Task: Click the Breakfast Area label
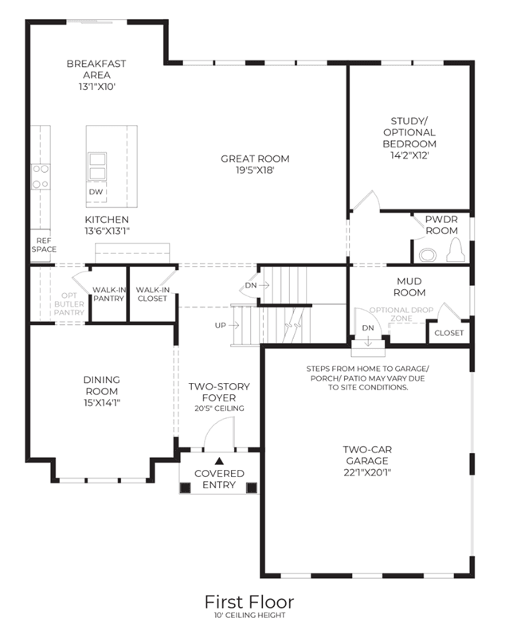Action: click(96, 69)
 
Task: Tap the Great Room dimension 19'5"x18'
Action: click(255, 170)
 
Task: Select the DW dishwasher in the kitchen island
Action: click(96, 192)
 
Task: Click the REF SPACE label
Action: click(44, 245)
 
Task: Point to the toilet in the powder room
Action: click(456, 250)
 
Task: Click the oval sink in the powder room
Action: click(427, 255)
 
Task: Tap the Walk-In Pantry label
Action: click(108, 294)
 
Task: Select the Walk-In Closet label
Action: click(153, 294)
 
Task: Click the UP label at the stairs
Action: click(220, 325)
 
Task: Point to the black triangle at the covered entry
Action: click(219, 461)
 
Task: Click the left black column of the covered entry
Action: click(186, 487)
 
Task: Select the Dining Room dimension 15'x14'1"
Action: click(102, 403)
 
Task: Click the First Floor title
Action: click(249, 602)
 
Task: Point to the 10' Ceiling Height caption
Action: click(249, 616)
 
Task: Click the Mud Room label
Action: click(409, 287)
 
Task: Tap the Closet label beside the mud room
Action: click(448, 333)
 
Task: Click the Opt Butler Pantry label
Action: click(69, 304)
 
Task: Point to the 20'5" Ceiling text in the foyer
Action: click(219, 409)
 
